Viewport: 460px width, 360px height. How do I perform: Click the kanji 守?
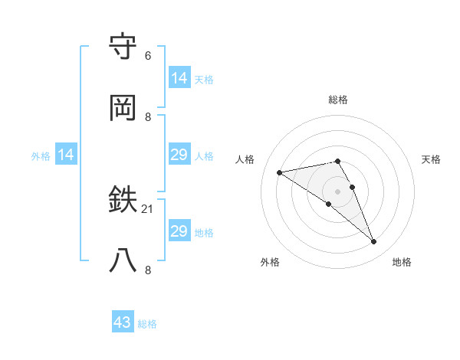pyautogui.click(x=124, y=47)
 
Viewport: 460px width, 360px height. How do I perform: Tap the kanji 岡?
pyautogui.click(x=124, y=108)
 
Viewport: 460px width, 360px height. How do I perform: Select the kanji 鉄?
pyautogui.click(x=124, y=201)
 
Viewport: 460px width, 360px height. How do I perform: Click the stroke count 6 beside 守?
pyautogui.click(x=148, y=56)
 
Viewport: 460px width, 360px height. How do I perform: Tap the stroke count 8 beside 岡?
pyautogui.click(x=148, y=116)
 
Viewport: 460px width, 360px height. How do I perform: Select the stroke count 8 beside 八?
pyautogui.click(x=148, y=270)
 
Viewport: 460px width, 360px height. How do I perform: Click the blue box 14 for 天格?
pyautogui.click(x=179, y=78)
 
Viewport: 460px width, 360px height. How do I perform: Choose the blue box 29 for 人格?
pyautogui.click(x=179, y=155)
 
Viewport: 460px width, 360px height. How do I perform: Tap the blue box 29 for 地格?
pyautogui.click(x=179, y=231)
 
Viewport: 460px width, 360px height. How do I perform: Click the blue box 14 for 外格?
pyautogui.click(x=67, y=155)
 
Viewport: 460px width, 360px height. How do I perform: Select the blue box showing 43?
pyautogui.click(x=123, y=322)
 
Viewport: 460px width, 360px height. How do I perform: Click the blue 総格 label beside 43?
pyautogui.click(x=147, y=324)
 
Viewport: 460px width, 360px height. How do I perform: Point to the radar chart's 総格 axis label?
pyautogui.click(x=338, y=100)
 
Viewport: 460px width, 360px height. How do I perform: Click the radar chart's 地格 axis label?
pyautogui.click(x=402, y=262)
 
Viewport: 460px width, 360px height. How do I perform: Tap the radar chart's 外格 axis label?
pyautogui.click(x=270, y=262)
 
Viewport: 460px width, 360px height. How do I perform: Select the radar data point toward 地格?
pyautogui.click(x=374, y=242)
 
